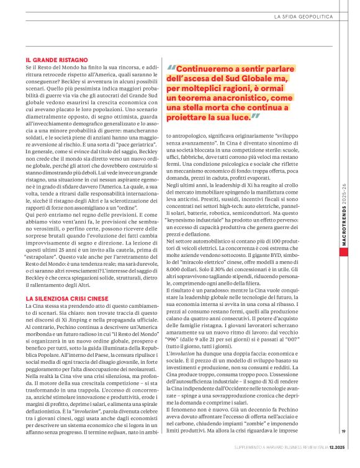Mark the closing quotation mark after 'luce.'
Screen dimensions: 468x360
click(255, 117)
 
